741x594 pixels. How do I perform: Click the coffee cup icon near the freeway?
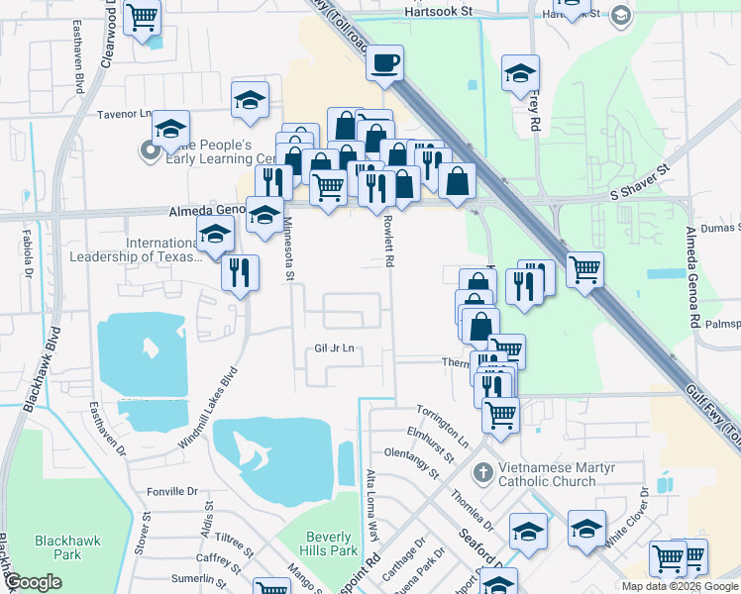pyautogui.click(x=384, y=64)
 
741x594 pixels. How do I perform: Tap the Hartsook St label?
pyautogui.click(x=441, y=13)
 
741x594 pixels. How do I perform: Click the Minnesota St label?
pyautogui.click(x=289, y=248)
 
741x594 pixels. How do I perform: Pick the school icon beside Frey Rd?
pyautogui.click(x=520, y=74)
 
